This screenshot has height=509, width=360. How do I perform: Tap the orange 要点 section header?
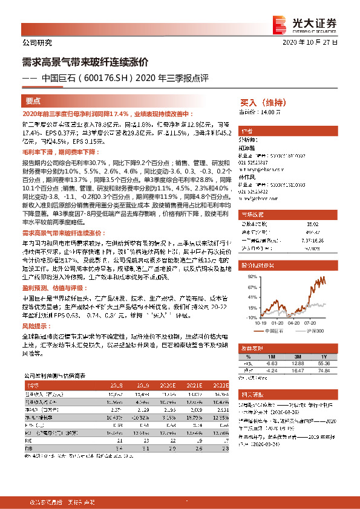pos(34,101)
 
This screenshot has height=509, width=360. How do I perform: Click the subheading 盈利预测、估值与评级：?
pos(54,290)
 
